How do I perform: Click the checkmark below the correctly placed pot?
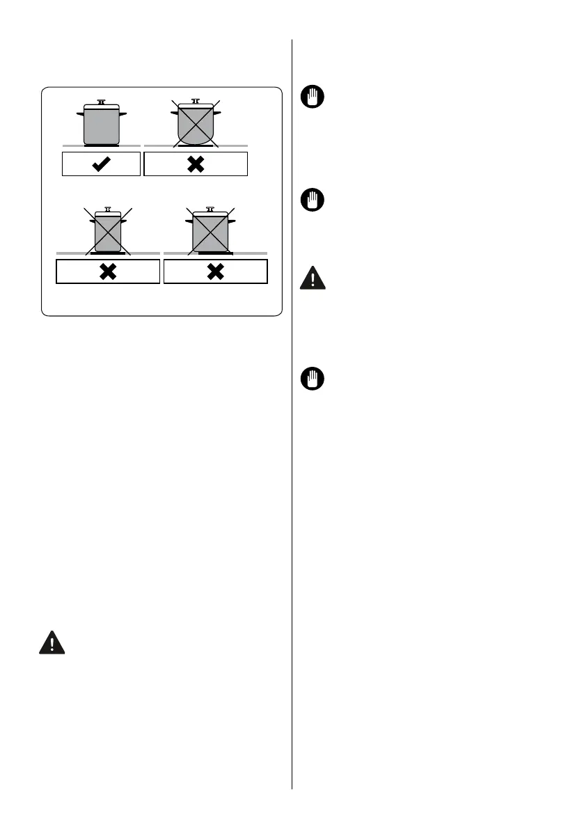102,164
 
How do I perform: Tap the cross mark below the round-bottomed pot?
196,164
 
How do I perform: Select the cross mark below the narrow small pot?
108,271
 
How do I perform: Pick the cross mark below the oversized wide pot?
215,271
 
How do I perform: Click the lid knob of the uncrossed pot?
102,102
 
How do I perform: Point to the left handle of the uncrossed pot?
80,112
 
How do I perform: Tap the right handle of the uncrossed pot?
123,112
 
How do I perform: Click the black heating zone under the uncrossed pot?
102,145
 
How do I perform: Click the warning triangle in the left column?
52,642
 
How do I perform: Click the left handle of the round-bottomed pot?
174,113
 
